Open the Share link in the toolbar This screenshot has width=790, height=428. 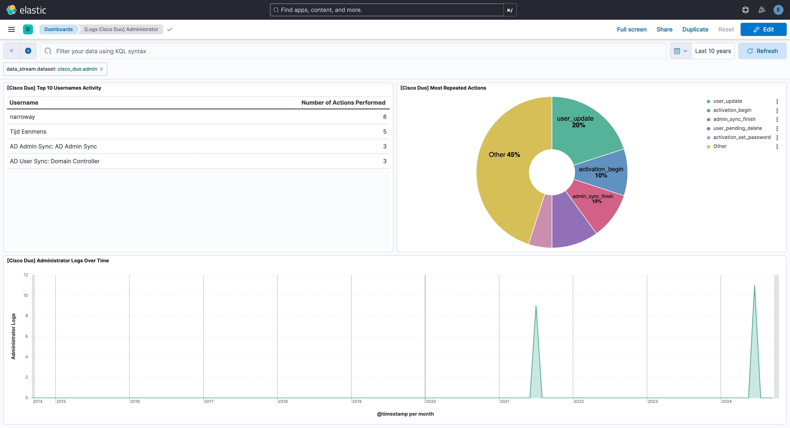click(664, 29)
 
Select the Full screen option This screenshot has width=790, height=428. click(631, 29)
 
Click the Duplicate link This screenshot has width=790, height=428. click(695, 29)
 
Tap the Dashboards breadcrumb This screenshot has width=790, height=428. click(58, 29)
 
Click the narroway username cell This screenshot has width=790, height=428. click(22, 117)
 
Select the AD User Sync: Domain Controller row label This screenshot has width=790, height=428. click(55, 161)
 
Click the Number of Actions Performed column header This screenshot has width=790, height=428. click(343, 103)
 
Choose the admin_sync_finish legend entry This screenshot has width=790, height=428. click(734, 119)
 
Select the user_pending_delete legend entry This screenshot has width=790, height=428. click(737, 128)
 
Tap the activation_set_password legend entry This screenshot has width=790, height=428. click(741, 137)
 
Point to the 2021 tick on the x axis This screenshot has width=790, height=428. click(504, 401)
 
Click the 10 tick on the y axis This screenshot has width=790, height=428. click(26, 295)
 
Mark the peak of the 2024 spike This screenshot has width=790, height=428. click(754, 286)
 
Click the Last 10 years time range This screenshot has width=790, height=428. click(713, 51)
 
